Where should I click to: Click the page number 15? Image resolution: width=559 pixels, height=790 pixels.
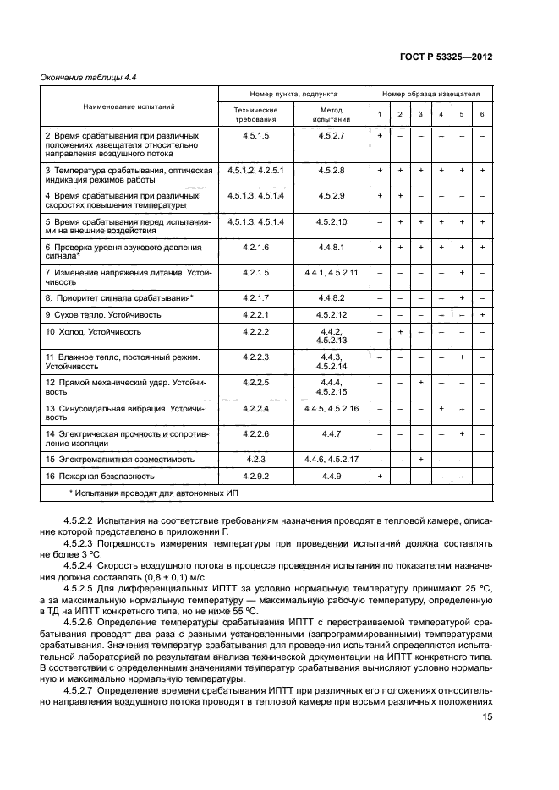click(486, 716)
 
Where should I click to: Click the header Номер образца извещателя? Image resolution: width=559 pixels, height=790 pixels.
click(431, 95)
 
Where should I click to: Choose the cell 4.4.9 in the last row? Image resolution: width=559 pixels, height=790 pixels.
click(332, 476)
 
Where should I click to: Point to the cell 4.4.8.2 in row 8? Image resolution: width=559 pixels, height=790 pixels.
click(332, 297)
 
